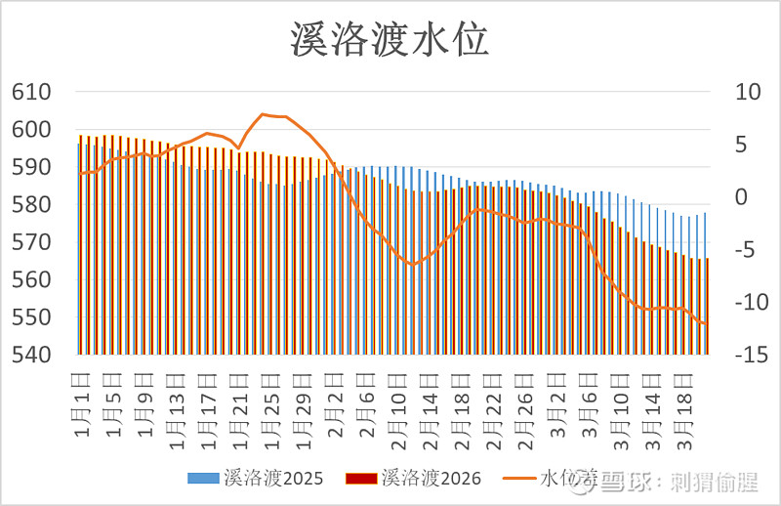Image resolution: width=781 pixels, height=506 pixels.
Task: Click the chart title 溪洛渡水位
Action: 390,40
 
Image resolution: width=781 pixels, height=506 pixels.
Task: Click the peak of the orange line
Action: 264,114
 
